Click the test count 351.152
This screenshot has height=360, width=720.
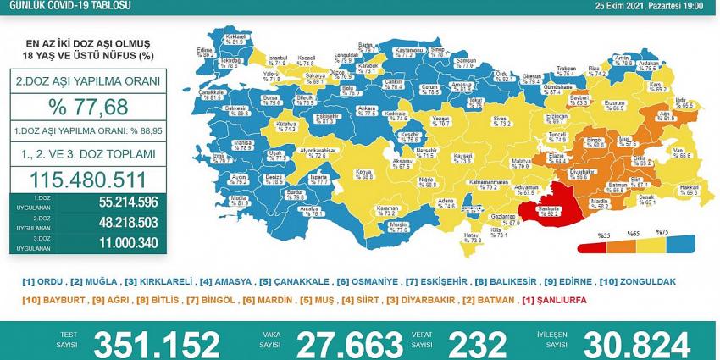157,344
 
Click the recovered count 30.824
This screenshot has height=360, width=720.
637,344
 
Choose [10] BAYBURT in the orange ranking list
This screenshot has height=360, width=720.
44,299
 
